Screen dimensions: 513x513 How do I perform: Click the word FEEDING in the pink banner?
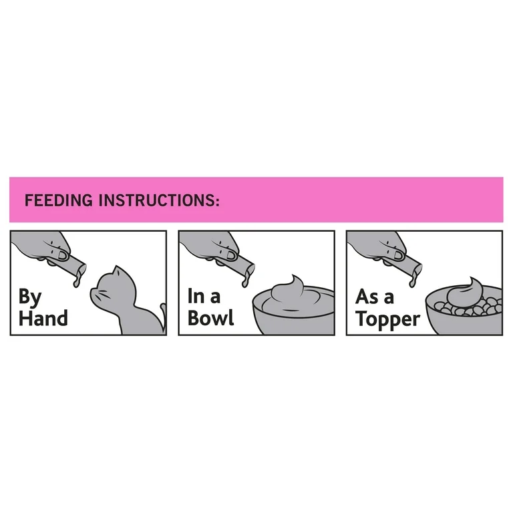(x=59, y=200)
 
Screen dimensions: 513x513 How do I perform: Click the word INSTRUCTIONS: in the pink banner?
(x=159, y=200)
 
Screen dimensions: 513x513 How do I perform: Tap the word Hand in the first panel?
(x=43, y=318)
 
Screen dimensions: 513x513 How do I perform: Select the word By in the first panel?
(x=30, y=298)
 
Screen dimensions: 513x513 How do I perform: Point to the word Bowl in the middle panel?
(x=210, y=318)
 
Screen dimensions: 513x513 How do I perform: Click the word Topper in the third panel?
(x=387, y=319)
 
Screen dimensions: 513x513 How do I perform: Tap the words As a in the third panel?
(x=375, y=297)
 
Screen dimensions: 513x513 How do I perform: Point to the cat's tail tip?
(x=162, y=307)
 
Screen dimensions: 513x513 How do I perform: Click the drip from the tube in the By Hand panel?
(x=77, y=281)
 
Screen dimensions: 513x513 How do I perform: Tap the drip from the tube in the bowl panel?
(x=245, y=281)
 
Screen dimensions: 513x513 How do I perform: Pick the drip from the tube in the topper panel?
(x=413, y=280)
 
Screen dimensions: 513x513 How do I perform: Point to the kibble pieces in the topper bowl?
(x=468, y=307)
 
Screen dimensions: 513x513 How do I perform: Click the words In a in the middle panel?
(x=204, y=296)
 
